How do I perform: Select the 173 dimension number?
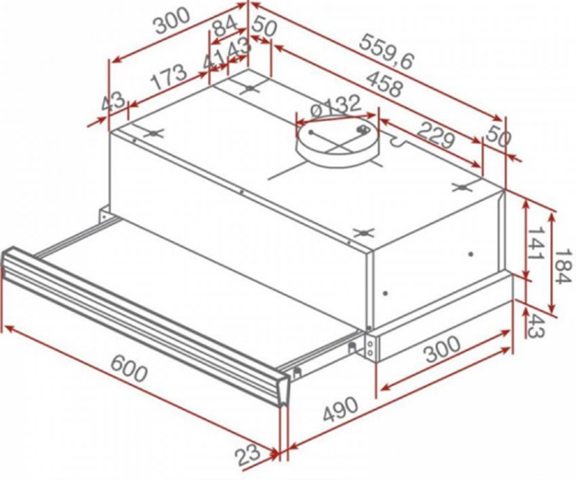167,77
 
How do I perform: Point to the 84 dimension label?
224,28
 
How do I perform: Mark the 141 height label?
535,246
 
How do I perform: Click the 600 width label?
129,369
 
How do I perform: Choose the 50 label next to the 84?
265,28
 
